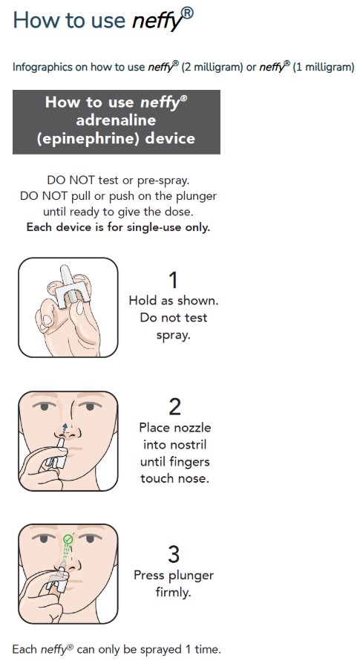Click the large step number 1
click(x=174, y=280)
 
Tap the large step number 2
click(x=174, y=406)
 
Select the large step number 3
click(x=174, y=554)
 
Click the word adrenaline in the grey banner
click(x=116, y=120)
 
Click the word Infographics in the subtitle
click(x=42, y=68)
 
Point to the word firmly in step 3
click(x=174, y=593)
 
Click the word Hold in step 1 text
click(x=143, y=301)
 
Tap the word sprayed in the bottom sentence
click(x=145, y=649)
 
